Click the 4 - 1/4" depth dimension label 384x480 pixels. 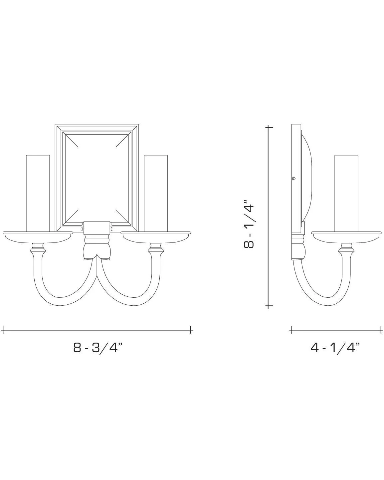pos(335,348)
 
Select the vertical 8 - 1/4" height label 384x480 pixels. pos(249,224)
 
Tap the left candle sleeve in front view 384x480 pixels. pos(38,193)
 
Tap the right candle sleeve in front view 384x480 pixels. pos(156,193)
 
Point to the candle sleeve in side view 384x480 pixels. pos(346,193)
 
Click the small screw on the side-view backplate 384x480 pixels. pos(293,179)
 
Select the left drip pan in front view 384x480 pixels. pos(38,236)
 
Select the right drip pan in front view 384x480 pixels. pos(156,236)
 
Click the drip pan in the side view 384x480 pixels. pos(346,236)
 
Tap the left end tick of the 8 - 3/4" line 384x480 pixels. pos(3,331)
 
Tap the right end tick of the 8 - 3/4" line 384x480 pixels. pos(191,331)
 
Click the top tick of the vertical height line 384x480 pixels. pos(269,127)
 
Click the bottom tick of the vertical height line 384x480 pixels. pos(269,305)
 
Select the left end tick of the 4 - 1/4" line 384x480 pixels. pos(291,330)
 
